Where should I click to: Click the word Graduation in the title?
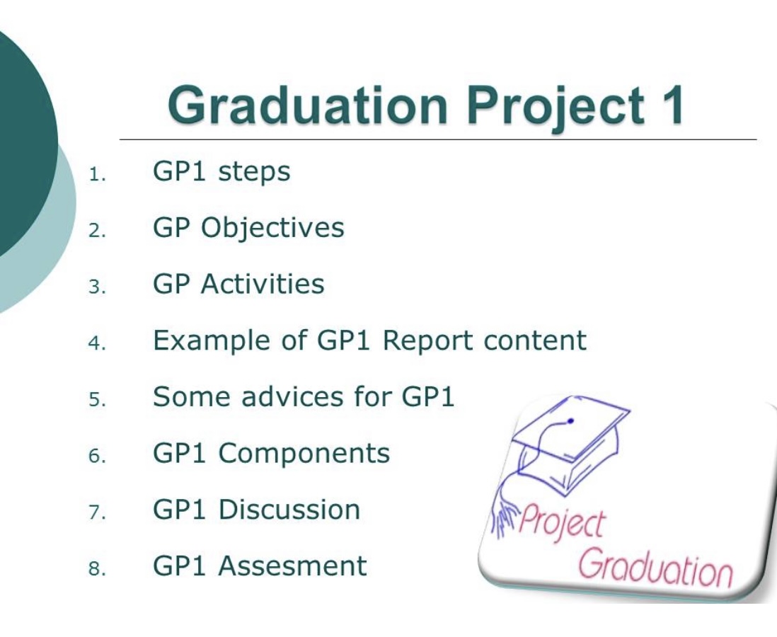tap(308, 105)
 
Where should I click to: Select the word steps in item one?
tap(254, 173)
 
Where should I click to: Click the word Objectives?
tap(272, 229)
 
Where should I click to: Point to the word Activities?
tap(262, 284)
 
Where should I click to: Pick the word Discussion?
tap(289, 510)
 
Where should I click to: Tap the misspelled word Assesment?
tap(292, 566)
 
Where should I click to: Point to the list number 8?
tap(97, 568)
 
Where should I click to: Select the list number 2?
tap(97, 231)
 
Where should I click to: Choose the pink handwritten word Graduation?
tap(655, 568)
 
